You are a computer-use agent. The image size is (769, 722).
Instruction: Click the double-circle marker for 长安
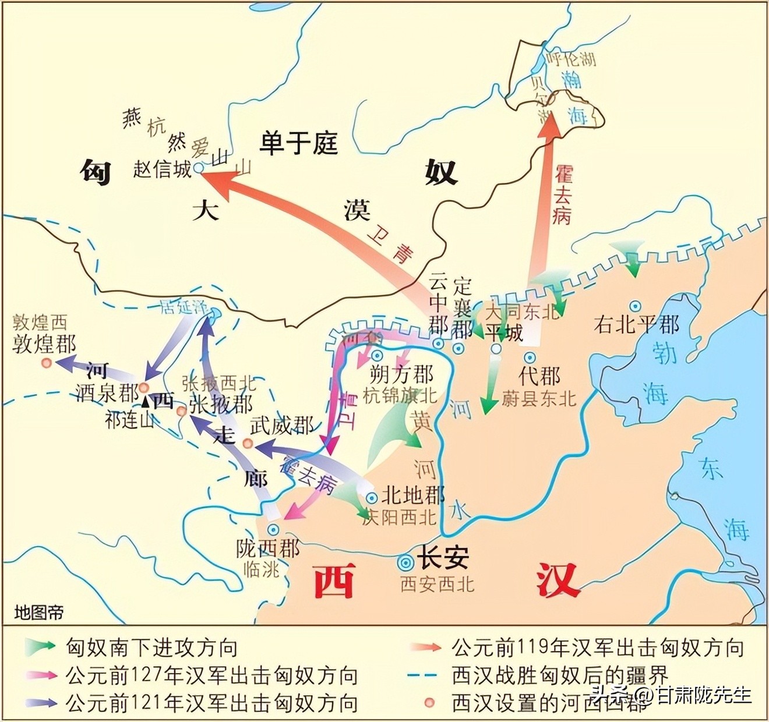405,562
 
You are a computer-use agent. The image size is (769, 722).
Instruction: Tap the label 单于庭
298,143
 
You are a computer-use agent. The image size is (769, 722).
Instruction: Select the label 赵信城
162,169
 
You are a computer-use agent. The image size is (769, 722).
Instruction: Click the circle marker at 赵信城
199,167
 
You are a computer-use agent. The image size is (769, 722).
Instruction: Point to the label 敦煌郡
44,344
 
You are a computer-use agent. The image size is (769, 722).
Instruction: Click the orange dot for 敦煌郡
47,363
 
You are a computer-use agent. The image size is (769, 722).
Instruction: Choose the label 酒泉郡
107,393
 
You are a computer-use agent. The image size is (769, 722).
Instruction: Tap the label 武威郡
281,425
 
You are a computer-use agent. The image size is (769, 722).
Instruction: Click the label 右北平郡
636,324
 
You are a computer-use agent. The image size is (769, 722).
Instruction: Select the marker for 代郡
530,357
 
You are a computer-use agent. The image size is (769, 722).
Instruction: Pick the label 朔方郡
402,374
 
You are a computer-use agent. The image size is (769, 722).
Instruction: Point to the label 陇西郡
268,548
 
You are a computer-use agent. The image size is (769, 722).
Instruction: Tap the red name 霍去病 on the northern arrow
562,195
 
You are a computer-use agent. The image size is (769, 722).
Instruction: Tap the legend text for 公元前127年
211,675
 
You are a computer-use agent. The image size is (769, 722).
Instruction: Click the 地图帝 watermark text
39,613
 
